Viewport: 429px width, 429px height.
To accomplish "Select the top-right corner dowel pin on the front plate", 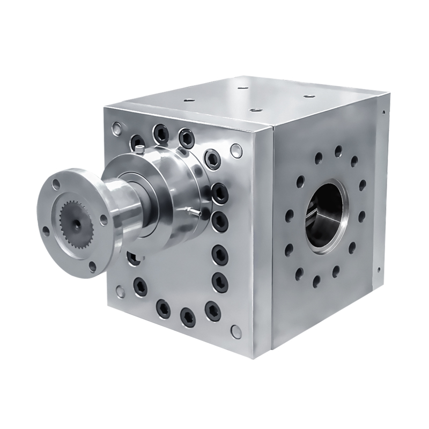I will [x=234, y=150].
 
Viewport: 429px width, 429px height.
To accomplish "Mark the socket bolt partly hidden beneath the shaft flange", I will [x=136, y=257].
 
